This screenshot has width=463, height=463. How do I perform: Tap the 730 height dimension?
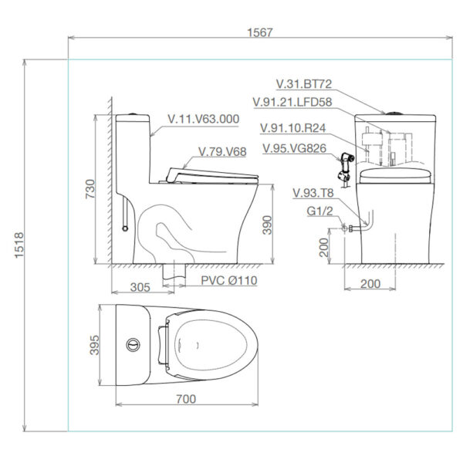tap(90, 188)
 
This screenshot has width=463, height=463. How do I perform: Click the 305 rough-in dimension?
tap(140, 287)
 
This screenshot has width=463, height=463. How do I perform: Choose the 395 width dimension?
tap(92, 345)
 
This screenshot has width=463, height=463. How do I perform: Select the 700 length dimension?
tap(185, 399)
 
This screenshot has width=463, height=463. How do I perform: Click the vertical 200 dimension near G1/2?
tap(323, 246)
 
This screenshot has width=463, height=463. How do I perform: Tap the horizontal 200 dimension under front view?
tap(370, 284)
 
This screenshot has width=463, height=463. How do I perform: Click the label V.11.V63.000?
tap(203, 120)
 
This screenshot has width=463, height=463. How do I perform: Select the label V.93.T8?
tap(313, 192)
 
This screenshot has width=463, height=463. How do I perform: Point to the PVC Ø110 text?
tap(229, 280)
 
